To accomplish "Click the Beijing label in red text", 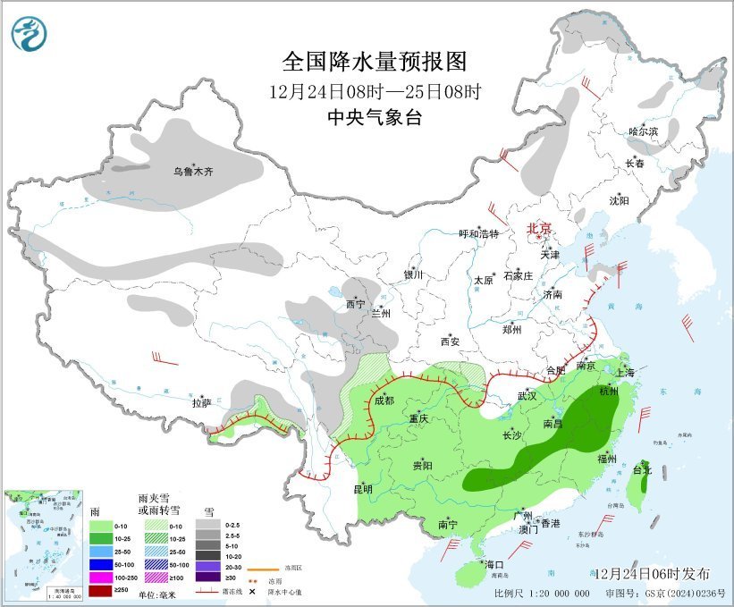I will click(538, 228).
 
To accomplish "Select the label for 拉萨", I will click(201, 403).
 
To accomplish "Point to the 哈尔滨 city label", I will click(642, 131).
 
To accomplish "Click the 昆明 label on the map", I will click(362, 489).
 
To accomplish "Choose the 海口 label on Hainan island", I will click(494, 565).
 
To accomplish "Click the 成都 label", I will click(383, 400).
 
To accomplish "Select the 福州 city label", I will click(608, 458).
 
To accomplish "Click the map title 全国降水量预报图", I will click(375, 61).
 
